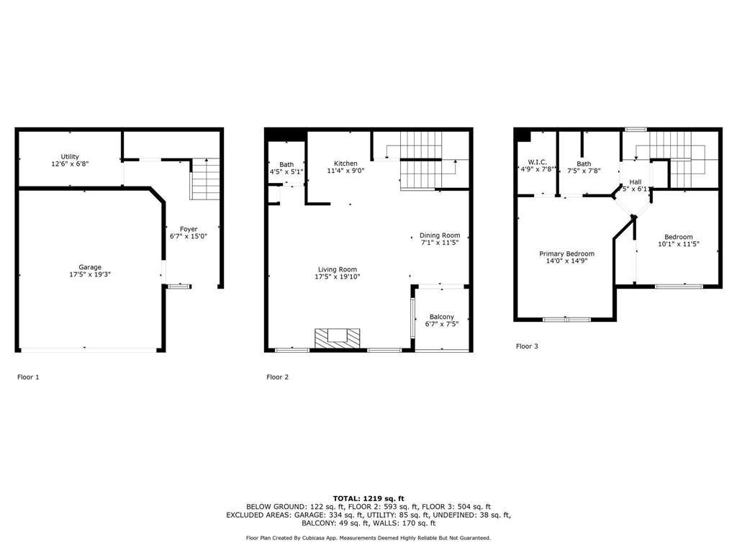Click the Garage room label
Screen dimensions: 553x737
click(x=90, y=267)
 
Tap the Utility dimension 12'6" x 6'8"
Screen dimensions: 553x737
click(x=70, y=164)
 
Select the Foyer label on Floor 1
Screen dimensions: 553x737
click(x=189, y=229)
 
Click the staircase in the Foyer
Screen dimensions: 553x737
click(x=204, y=179)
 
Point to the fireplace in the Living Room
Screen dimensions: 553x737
click(x=335, y=338)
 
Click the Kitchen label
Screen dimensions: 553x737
click(x=345, y=163)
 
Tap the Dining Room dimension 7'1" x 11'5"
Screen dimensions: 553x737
click(x=440, y=243)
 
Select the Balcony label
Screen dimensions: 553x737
click(x=442, y=317)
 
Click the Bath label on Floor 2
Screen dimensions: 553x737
click(x=286, y=164)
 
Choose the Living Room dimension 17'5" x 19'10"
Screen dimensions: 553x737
click(x=338, y=276)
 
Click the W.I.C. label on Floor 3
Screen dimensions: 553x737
click(x=538, y=162)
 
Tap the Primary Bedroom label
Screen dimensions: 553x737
click(x=567, y=253)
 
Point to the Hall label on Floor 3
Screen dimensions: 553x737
click(x=636, y=181)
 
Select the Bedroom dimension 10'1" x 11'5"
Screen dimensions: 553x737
click(x=678, y=244)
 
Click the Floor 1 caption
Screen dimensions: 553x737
click(x=29, y=377)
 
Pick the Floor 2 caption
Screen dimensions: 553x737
click(x=278, y=377)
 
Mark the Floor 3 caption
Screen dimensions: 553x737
click(x=527, y=346)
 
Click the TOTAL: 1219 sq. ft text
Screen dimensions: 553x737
click(x=368, y=498)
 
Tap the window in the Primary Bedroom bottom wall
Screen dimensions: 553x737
click(x=566, y=319)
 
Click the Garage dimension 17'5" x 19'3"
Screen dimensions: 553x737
click(x=90, y=274)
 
